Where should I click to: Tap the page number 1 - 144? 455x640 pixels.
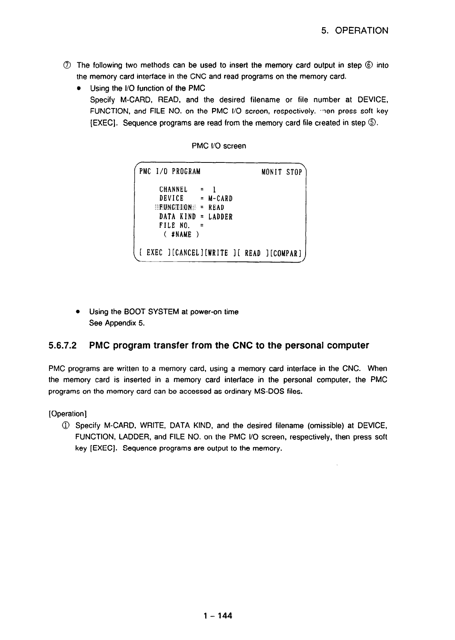(217, 616)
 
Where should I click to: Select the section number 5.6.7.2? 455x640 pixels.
(63, 346)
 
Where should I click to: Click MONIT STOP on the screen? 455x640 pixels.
(281, 172)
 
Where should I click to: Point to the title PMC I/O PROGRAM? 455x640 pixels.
(170, 172)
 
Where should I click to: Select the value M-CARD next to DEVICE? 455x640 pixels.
(220, 198)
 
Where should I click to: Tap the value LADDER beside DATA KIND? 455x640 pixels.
(220, 217)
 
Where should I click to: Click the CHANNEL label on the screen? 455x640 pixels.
(173, 189)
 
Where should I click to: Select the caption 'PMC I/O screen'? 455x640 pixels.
(219, 146)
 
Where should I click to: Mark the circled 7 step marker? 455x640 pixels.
(69, 66)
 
